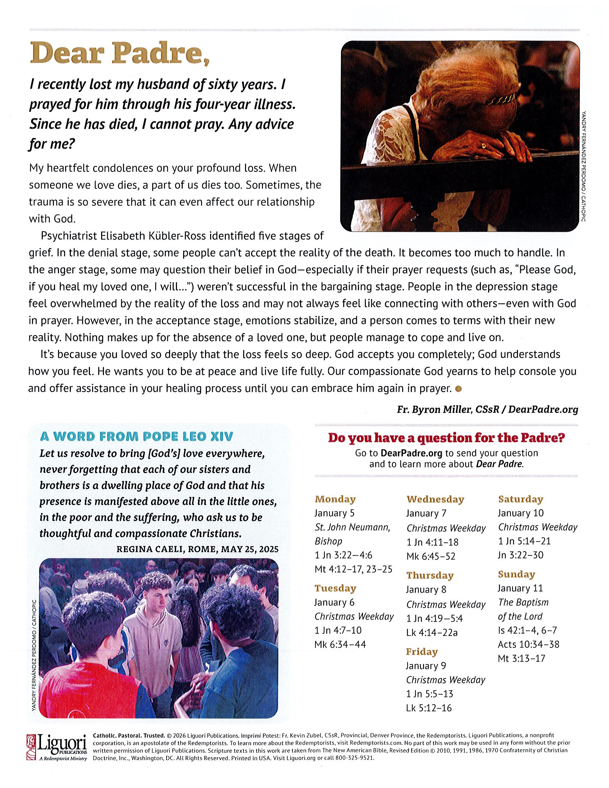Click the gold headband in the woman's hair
[500, 98]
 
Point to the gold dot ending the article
[459, 389]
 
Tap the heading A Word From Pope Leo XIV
[136, 436]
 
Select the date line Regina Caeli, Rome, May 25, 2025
[197, 549]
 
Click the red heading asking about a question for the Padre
[446, 437]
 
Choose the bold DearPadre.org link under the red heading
[411, 453]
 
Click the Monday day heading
[335, 499]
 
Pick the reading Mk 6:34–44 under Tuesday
[340, 645]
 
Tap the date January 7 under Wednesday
[426, 513]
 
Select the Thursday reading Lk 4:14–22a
[431, 632]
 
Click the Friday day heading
[421, 652]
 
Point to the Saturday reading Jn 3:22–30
[520, 555]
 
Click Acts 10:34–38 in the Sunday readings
[528, 645]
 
